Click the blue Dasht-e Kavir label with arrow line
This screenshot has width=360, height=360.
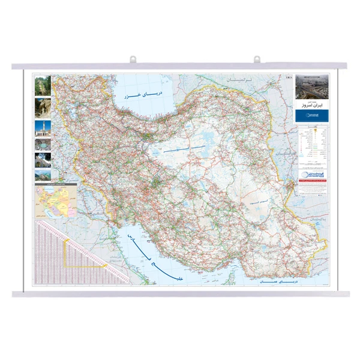[186, 148]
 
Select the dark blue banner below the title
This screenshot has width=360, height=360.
[313, 115]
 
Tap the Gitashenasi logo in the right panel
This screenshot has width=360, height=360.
[313, 174]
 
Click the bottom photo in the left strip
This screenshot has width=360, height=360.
[43, 175]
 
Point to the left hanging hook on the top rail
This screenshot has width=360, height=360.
[133, 59]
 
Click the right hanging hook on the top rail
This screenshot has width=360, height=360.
[257, 59]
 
